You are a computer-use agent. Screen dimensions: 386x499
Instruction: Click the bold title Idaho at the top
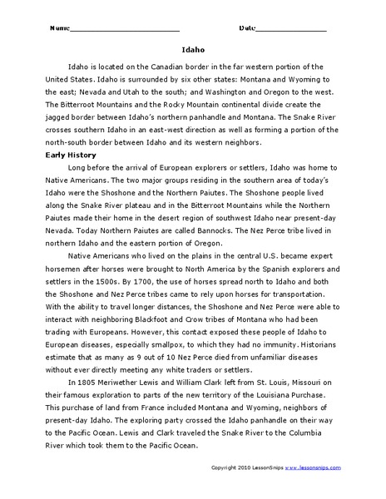click(193, 49)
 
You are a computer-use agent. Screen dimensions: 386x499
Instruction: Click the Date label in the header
click(248, 27)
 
